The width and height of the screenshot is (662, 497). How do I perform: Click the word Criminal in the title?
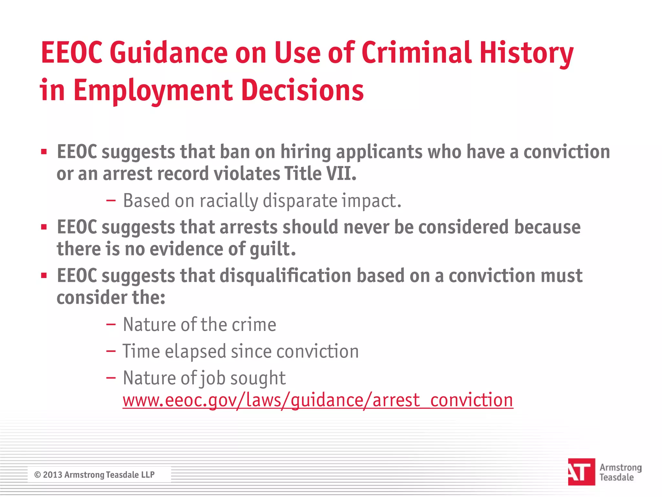(x=417, y=53)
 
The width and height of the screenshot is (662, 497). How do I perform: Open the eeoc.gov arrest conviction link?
(x=318, y=400)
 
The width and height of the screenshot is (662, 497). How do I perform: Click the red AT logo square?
(x=581, y=472)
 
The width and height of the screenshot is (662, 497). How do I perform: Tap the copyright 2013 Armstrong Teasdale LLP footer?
(x=94, y=475)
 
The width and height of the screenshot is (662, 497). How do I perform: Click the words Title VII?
(x=320, y=174)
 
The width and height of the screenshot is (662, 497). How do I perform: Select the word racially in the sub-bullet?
(x=229, y=201)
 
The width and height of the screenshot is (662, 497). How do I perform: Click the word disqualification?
(x=286, y=276)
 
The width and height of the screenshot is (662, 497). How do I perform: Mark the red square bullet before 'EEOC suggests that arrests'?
(x=44, y=227)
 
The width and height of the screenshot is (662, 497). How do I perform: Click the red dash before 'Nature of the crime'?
(x=111, y=325)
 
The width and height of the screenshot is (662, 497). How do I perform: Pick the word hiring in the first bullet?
(x=305, y=152)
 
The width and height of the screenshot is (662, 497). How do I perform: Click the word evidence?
(x=186, y=249)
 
